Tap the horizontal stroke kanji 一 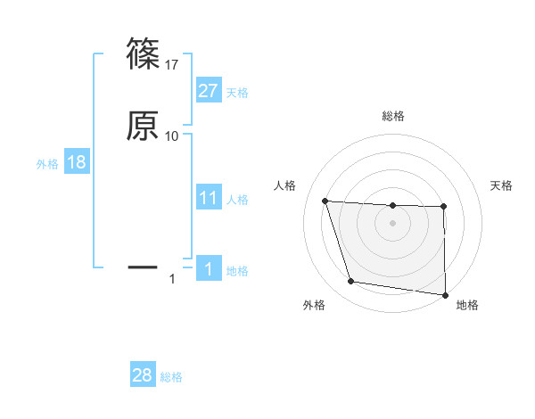tap(143, 267)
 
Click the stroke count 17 tap(172, 64)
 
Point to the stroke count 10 tap(172, 136)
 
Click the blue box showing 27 tap(209, 91)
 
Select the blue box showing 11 tap(209, 198)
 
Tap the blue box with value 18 tap(77, 163)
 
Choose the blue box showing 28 tap(143, 375)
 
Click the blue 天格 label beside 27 tap(237, 93)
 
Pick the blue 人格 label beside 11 tap(237, 200)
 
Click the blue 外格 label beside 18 tap(47, 164)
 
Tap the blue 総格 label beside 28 tap(171, 377)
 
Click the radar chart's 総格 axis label tap(392, 116)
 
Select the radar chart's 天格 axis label tap(501, 185)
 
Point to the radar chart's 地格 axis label tap(467, 305)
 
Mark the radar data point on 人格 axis tap(325, 201)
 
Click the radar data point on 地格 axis tap(446, 295)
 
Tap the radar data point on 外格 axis tap(351, 282)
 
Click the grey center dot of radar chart tap(392, 224)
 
